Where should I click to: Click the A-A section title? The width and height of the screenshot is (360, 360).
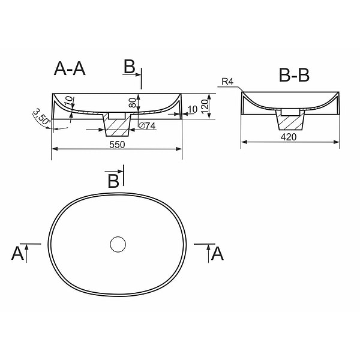(70, 70)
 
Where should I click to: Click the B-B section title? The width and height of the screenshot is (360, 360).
(294, 76)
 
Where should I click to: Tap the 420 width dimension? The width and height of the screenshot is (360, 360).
(289, 137)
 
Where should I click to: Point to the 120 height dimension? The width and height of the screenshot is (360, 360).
(205, 106)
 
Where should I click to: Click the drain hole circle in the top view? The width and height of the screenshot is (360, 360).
(118, 244)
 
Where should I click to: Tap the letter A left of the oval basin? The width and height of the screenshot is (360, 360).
(17, 254)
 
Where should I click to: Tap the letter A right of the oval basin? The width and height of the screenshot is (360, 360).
(218, 254)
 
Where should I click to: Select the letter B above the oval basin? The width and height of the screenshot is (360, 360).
(113, 181)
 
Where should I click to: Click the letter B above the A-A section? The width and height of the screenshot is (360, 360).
(130, 67)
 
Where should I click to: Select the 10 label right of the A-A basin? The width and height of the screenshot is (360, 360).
(192, 109)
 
